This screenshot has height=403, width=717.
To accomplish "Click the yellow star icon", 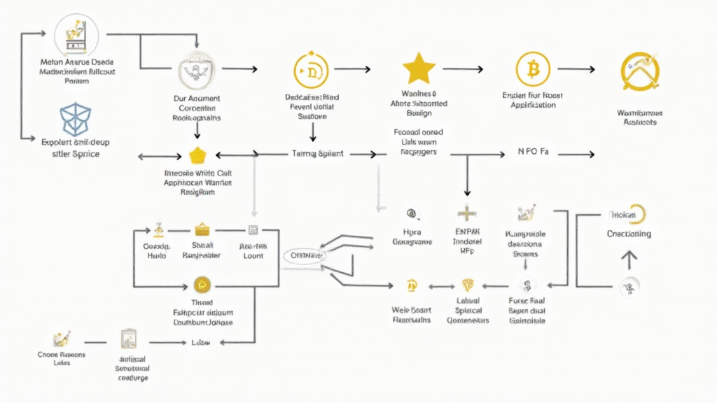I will pyautogui.click(x=419, y=69).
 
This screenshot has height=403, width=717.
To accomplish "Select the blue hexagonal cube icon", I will pyautogui.click(x=74, y=119).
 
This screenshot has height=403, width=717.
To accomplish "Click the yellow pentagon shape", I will pyautogui.click(x=196, y=155).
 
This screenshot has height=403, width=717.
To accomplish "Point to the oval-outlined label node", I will pyautogui.click(x=306, y=256).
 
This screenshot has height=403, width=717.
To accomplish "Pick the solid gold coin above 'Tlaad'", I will pyautogui.click(x=202, y=284).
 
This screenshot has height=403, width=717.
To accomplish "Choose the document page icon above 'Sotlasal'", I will pyautogui.click(x=128, y=339).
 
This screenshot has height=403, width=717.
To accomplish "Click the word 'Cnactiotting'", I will pyautogui.click(x=629, y=234).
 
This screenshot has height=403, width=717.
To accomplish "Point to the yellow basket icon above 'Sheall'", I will pyautogui.click(x=202, y=229).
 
